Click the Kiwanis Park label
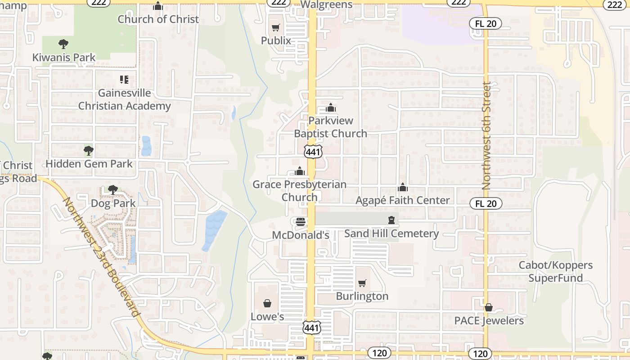point(64,57)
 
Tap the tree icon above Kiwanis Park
point(63,44)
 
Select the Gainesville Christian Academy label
point(125,99)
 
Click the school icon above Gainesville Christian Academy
point(124,80)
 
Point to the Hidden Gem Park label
point(89,164)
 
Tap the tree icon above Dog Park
point(113,190)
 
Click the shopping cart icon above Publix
point(276,28)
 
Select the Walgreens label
point(326,5)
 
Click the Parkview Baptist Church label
point(331,127)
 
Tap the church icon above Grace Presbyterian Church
point(300,171)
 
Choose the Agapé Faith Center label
point(403,200)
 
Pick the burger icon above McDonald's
point(301,221)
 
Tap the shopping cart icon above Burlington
point(362,283)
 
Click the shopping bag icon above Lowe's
point(267,303)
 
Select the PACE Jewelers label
point(489,321)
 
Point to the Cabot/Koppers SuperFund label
point(556,271)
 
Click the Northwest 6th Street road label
point(486,135)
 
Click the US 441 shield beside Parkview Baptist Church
point(313,152)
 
